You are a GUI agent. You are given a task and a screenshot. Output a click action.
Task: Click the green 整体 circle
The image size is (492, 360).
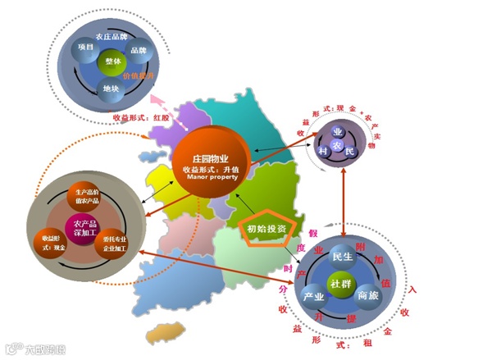coord(112,62)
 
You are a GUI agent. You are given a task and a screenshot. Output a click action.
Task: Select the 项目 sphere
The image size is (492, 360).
coord(84,48)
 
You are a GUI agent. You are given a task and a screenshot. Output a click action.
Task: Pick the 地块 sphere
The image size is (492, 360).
coord(109,88)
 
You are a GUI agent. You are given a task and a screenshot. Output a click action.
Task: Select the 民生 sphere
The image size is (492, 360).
coord(340,257)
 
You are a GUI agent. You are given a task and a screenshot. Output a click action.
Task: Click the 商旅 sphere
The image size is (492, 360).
coord(367,295)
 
